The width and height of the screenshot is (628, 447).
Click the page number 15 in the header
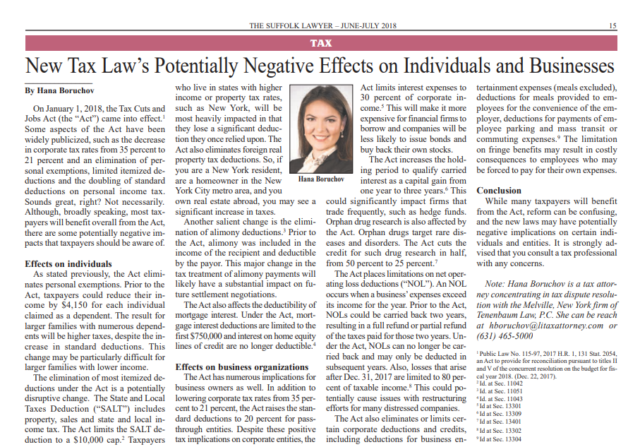[x=612, y=26]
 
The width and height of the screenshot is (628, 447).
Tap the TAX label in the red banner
[x=321, y=43]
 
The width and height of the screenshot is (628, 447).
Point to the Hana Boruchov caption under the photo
[x=320, y=179]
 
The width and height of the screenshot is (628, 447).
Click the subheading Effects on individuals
[x=64, y=263]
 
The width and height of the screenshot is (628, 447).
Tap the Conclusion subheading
[x=499, y=191]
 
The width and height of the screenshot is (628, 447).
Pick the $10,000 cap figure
[x=93, y=439]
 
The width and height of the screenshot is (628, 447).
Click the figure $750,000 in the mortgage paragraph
[x=200, y=335]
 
